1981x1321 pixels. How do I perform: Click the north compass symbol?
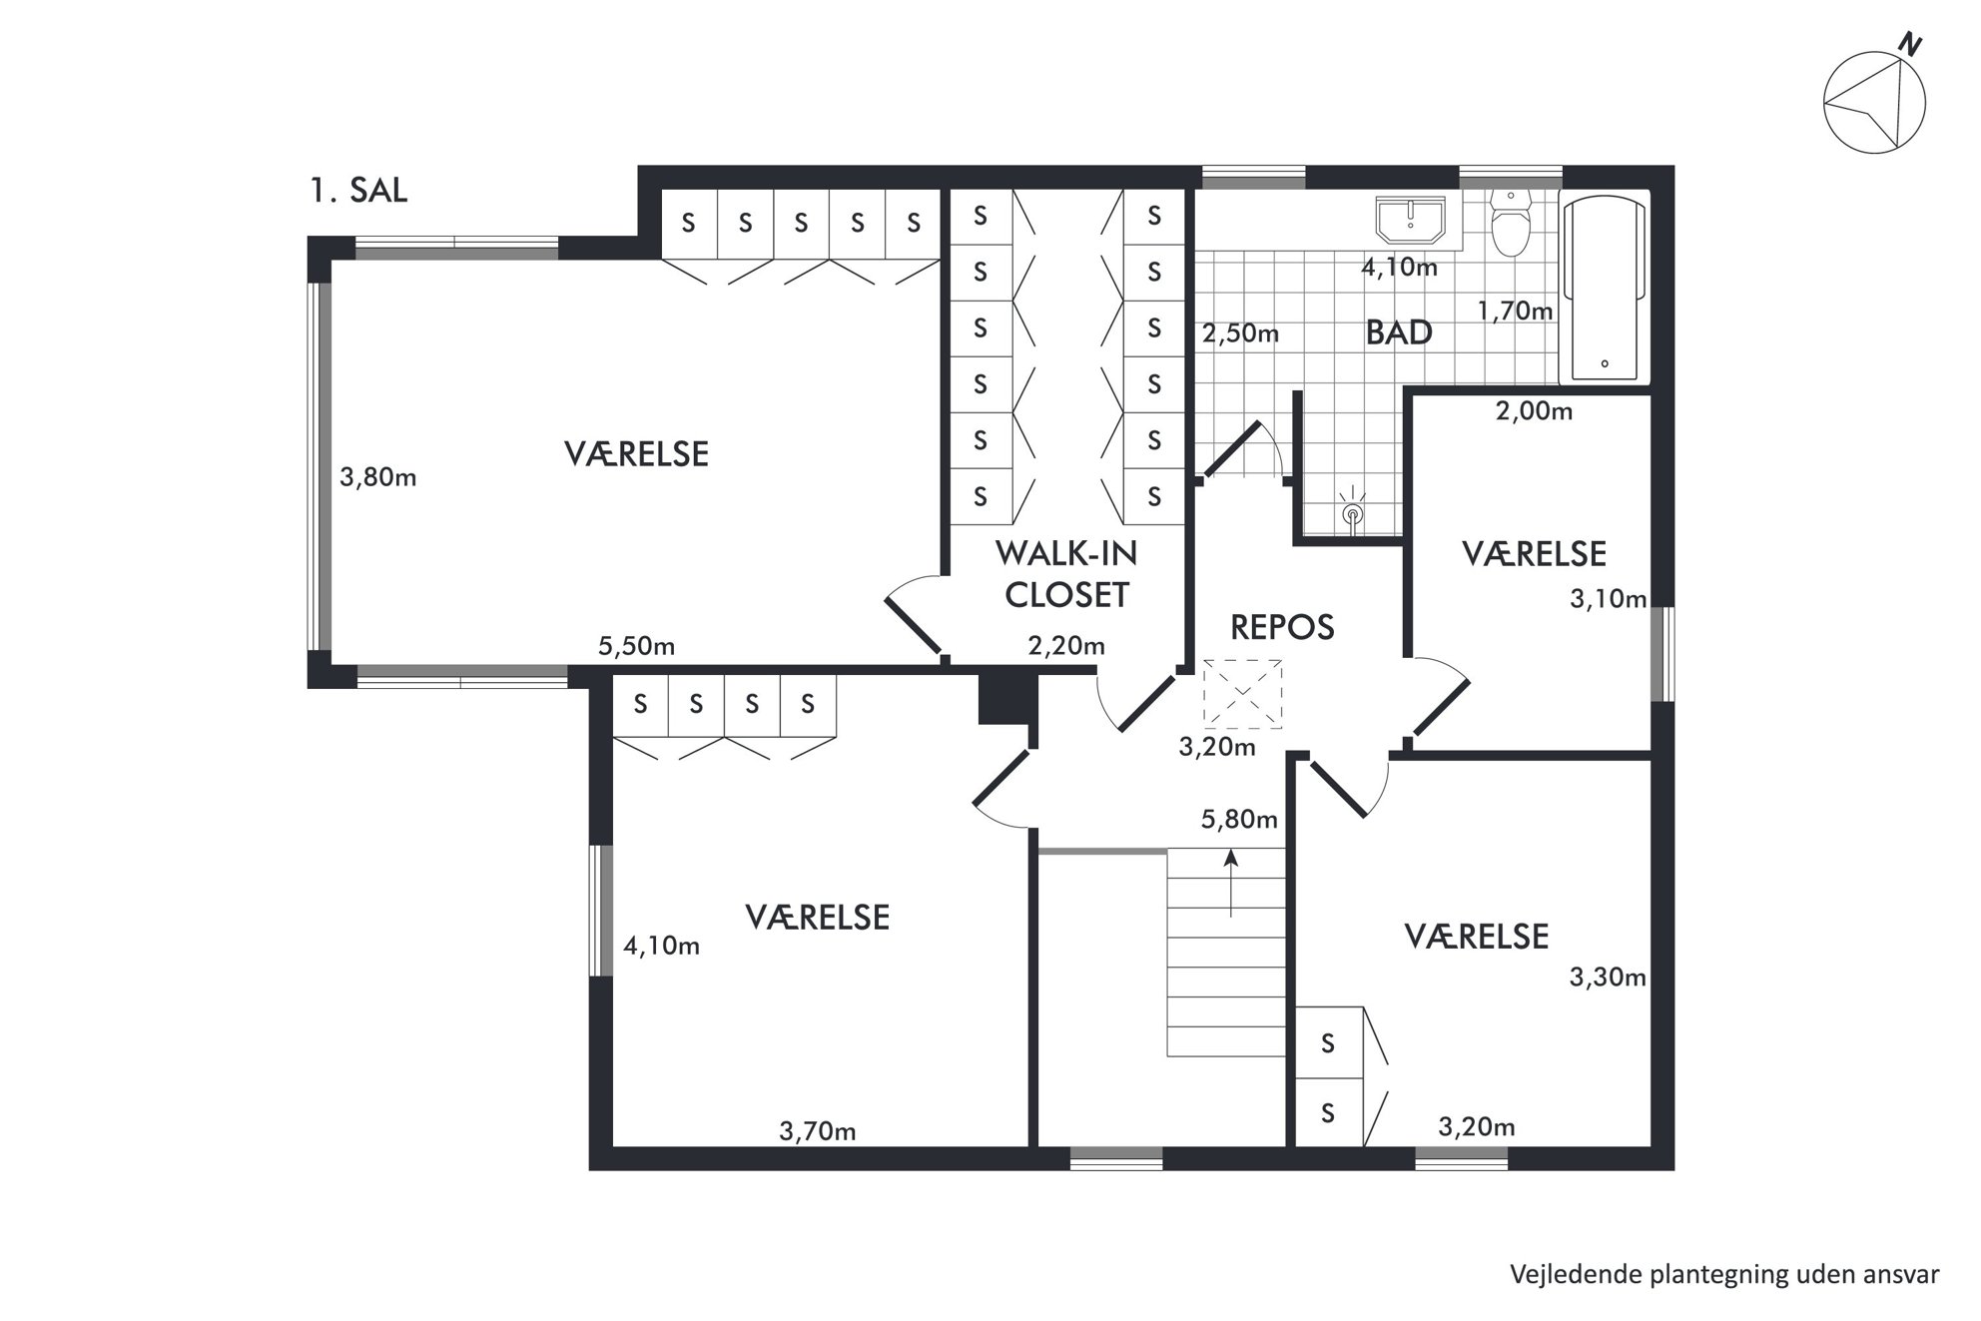pyautogui.click(x=1874, y=102)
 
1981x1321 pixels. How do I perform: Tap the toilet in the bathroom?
pyautogui.click(x=1510, y=223)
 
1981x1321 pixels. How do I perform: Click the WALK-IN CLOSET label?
pyautogui.click(x=1066, y=573)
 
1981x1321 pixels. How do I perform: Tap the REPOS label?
pyautogui.click(x=1282, y=627)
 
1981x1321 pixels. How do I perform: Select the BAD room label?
pyautogui.click(x=1399, y=332)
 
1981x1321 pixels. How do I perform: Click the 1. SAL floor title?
pyautogui.click(x=358, y=190)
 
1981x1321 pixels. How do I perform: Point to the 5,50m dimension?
pyautogui.click(x=636, y=646)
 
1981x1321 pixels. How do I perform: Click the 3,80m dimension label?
pyautogui.click(x=377, y=477)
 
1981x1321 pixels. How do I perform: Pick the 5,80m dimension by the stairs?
pyautogui.click(x=1239, y=820)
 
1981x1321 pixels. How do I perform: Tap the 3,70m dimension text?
pyautogui.click(x=817, y=1131)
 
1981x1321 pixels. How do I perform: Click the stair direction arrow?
pyautogui.click(x=1231, y=883)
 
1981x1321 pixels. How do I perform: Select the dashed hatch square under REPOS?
pyautogui.click(x=1242, y=693)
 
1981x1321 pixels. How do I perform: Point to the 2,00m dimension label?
pyautogui.click(x=1534, y=410)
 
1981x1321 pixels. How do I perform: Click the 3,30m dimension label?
pyautogui.click(x=1608, y=977)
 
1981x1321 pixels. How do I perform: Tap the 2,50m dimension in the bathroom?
pyautogui.click(x=1240, y=332)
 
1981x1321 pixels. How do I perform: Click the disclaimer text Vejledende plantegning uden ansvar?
pyautogui.click(x=1724, y=1274)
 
